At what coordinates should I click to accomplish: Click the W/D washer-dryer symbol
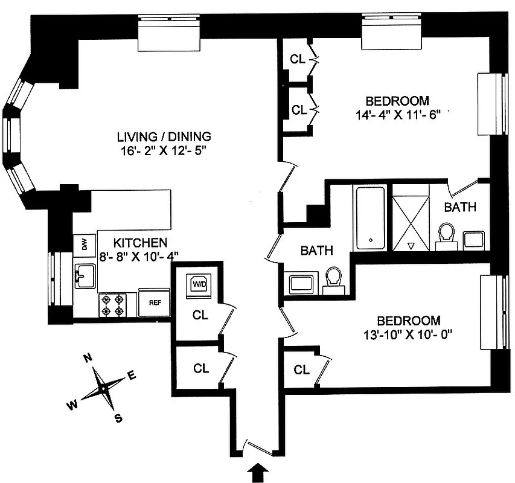click(199, 284)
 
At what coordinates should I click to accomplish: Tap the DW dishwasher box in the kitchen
click(84, 245)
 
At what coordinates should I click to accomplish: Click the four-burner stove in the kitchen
click(114, 305)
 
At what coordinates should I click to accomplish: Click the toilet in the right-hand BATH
click(447, 234)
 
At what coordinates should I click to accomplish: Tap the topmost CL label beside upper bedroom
click(297, 59)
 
